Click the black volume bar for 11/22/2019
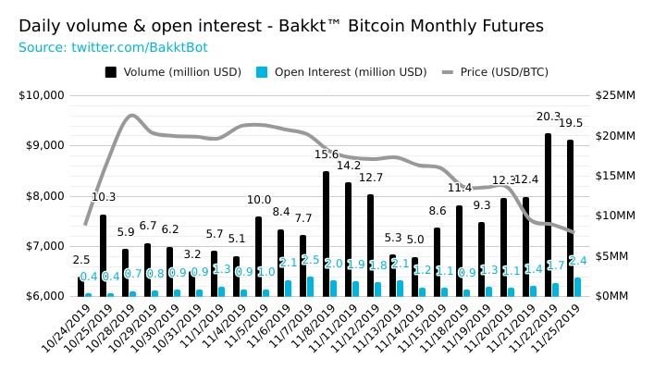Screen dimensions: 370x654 coord(548,215)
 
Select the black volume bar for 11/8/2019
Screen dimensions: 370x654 coord(326,233)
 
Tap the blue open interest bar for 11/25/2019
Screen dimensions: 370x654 coord(577,287)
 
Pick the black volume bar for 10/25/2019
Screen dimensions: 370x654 coord(103,255)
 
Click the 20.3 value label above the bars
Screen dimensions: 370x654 coord(549,117)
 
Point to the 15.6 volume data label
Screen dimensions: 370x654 coord(327,154)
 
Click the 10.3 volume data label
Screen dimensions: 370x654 coord(104,197)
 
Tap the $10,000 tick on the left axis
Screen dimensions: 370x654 coord(41,95)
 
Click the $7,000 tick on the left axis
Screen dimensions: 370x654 coord(43,246)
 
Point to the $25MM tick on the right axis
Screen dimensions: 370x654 coord(615,95)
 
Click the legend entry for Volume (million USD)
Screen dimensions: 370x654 coord(173,71)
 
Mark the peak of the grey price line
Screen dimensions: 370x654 coord(131,116)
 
